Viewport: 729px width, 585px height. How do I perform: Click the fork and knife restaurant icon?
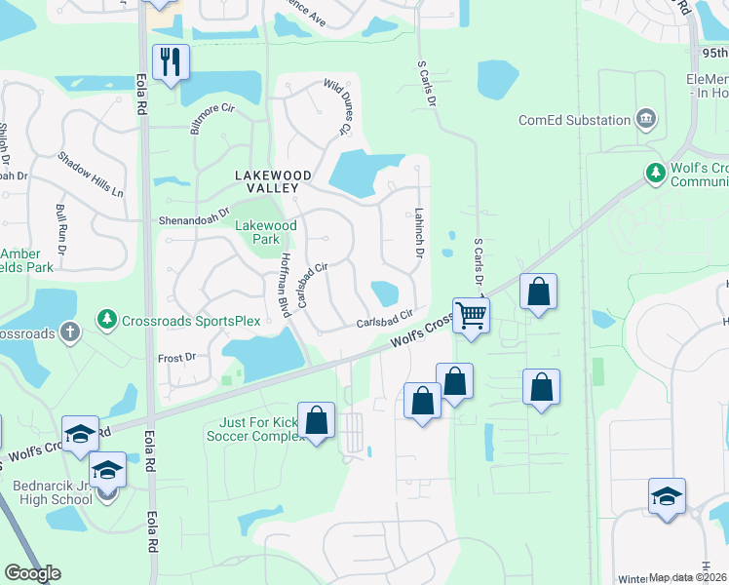(171, 62)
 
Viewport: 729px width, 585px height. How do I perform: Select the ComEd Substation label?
(574, 120)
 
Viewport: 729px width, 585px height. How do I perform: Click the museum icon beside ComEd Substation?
(645, 120)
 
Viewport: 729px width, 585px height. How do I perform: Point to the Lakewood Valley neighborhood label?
(273, 175)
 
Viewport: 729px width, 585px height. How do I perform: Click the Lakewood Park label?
(265, 232)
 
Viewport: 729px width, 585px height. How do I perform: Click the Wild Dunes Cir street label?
(335, 108)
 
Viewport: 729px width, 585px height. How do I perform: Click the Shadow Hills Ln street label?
(91, 175)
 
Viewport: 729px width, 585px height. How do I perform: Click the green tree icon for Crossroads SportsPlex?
(106, 320)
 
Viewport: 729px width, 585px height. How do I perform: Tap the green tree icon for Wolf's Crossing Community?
(656, 174)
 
